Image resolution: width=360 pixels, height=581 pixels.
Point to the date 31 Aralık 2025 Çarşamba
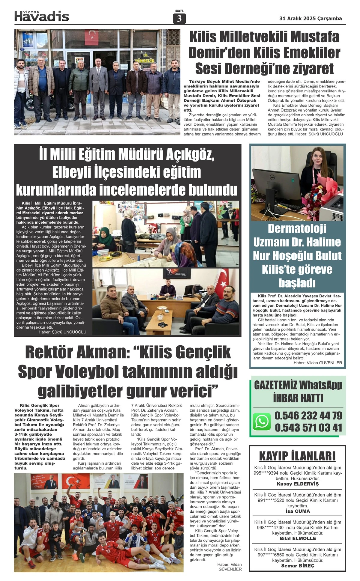[x=310, y=18]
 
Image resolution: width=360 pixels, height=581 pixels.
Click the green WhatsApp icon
[x=262, y=422]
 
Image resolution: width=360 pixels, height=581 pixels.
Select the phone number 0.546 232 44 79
[x=308, y=416]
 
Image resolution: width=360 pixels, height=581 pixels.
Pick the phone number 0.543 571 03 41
[x=308, y=428]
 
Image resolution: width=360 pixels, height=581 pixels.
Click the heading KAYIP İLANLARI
[x=297, y=456]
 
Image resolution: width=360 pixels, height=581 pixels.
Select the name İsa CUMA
[x=297, y=511]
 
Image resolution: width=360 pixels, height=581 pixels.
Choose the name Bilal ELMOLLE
[x=297, y=538]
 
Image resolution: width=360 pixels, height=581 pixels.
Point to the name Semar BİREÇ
[x=297, y=566]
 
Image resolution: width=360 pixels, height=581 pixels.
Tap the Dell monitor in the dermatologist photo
[x=274, y=183]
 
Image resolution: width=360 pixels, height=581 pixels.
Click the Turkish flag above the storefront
[x=91, y=37]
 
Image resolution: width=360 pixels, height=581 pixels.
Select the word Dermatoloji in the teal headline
[x=297, y=228]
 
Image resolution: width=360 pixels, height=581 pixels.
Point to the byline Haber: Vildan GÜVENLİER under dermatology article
[x=317, y=363]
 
